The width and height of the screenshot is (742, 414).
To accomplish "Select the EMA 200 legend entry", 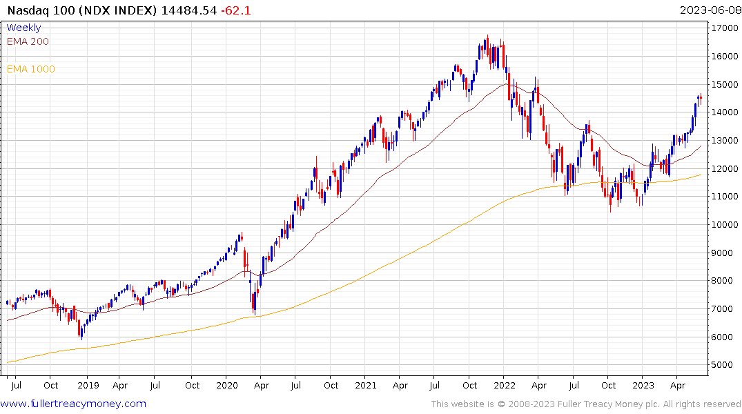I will coord(28,41).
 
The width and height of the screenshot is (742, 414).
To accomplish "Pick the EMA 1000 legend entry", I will coord(31,69).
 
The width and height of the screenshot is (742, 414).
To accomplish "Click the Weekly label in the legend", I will coord(23,28).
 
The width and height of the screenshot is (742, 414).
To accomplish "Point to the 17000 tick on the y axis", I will coord(723,28).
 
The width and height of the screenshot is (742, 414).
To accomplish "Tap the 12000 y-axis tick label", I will coord(723,169).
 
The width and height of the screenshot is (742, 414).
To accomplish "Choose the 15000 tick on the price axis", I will coord(723,85).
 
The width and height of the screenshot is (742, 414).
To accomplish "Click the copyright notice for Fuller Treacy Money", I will coord(586,404).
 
